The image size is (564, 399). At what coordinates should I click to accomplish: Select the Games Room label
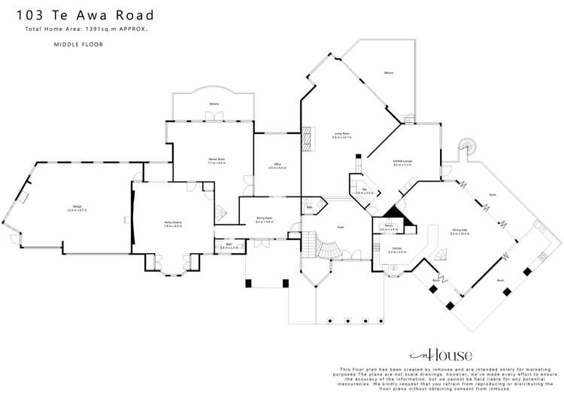pyautogui.click(x=217, y=160)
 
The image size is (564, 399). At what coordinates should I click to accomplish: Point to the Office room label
pyautogui.click(x=277, y=165)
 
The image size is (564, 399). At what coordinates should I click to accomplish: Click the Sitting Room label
pyautogui.click(x=264, y=220)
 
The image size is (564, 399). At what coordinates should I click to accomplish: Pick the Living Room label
pyautogui.click(x=342, y=135)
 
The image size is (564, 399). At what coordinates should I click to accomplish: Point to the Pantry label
pyautogui.click(x=390, y=226)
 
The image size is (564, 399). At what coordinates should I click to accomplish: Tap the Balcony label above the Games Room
pyautogui.click(x=214, y=103)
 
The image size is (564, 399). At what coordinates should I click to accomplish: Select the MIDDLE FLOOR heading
pyautogui.click(x=78, y=45)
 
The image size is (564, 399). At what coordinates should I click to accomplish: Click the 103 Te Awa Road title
pyautogui.click(x=89, y=15)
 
